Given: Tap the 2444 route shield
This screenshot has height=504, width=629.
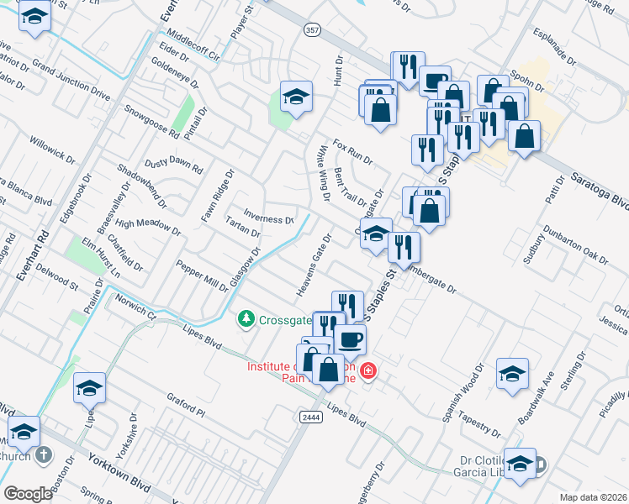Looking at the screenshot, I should pos(308,417).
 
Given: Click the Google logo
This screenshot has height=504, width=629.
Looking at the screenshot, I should pos(27,493).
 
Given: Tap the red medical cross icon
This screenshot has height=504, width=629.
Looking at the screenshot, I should pos(367,370).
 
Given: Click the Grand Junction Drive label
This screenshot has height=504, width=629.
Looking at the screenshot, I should pos(71,81).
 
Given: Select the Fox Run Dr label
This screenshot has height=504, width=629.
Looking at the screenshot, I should pos(352,151).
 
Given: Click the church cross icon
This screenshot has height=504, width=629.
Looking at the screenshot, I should pos(45,454).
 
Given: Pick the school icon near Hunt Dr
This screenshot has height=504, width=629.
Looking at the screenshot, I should pos(296,99).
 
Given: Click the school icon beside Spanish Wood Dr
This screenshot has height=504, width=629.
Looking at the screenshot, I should pos(512,374).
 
